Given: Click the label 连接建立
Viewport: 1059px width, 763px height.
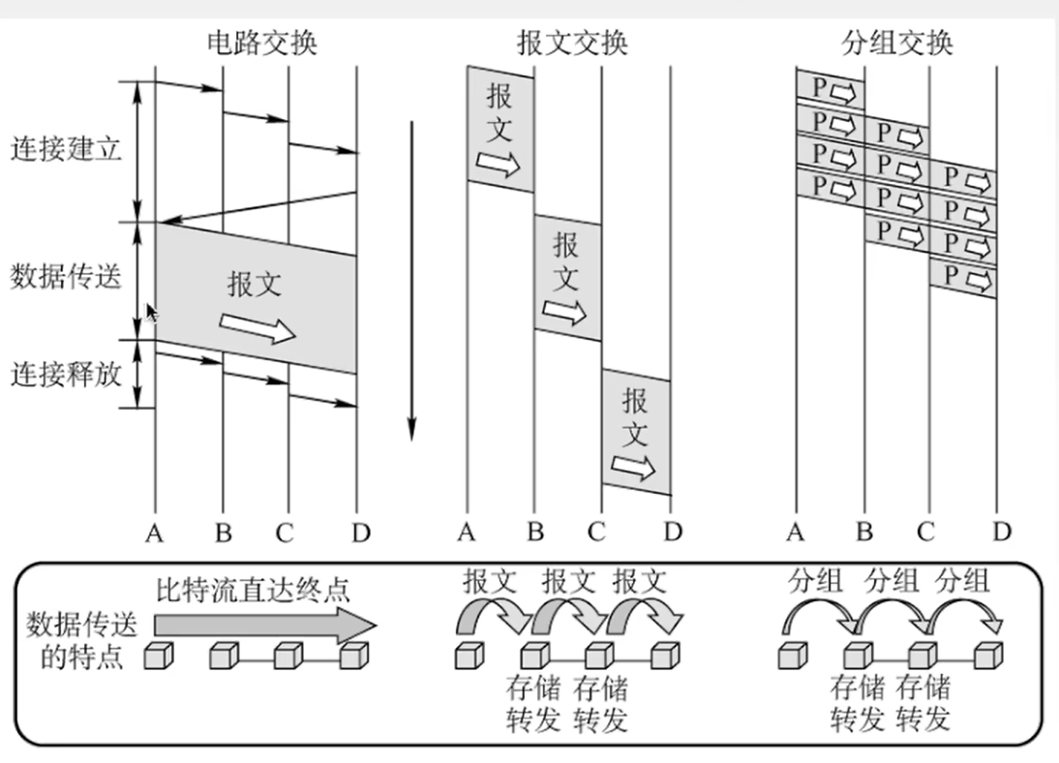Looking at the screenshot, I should [x=67, y=149].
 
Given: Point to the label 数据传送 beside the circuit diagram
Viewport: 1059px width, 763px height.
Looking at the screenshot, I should [x=67, y=277].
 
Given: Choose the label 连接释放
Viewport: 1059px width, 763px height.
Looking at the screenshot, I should [x=67, y=374].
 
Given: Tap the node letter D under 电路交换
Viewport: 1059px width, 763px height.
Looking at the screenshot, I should [x=357, y=532].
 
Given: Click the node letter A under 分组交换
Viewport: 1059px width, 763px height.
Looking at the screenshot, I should [x=796, y=532].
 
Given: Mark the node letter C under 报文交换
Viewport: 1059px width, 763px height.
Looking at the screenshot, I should [x=597, y=532].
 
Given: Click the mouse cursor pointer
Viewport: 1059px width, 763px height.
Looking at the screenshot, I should [x=151, y=313].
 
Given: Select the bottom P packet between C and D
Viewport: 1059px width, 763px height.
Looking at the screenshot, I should [x=963, y=277].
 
